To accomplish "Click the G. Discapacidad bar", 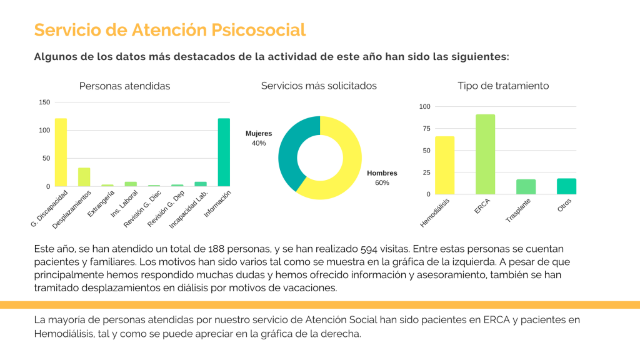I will pos(61,152).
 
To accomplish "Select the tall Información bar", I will pos(224,152).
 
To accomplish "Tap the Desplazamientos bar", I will pos(84,177).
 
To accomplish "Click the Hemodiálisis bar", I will pos(444,165).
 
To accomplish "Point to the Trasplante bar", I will pos(526,187).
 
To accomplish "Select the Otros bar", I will pos(566,186).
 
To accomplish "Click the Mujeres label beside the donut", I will pos(259,134).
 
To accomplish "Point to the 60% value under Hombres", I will pos(382,183).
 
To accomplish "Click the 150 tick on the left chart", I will pos(44,102).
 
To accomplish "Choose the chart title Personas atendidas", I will pos(124,86).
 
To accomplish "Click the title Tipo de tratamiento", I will pos(502,86).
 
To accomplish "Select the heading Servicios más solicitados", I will pos(319,86).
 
